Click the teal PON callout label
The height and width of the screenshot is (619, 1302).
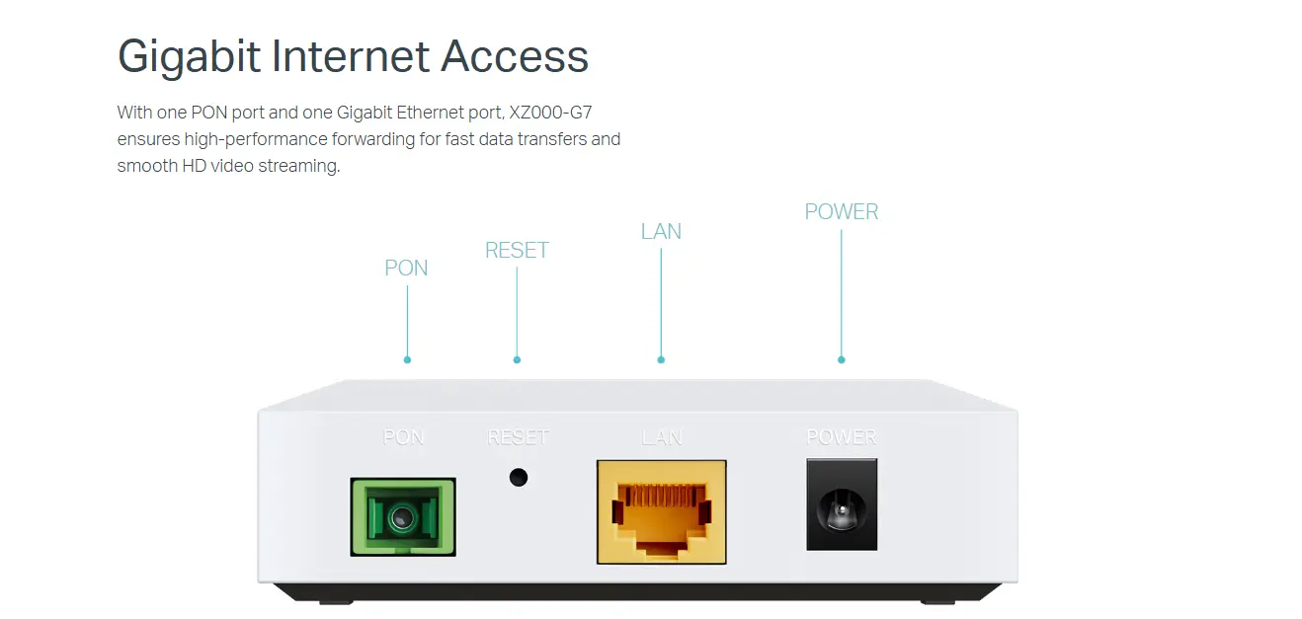(406, 269)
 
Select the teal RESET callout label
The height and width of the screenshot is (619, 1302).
(517, 251)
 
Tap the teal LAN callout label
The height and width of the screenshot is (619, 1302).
(661, 232)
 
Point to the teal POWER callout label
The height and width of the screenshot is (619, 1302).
(841, 212)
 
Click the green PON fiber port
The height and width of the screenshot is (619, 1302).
(403, 516)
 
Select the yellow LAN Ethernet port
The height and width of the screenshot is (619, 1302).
(661, 511)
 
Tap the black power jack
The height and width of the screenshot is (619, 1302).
(842, 504)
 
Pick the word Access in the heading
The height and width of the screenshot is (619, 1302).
(515, 56)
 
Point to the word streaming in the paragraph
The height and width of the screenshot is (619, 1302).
(298, 166)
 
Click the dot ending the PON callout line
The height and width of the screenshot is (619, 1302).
(407, 360)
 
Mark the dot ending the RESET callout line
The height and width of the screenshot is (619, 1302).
(517, 360)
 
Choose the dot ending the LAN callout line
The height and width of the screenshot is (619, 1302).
(661, 360)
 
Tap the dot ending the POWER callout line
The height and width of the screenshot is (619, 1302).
(841, 360)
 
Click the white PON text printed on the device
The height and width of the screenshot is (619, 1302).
(403, 437)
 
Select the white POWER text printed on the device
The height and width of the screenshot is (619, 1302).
(842, 437)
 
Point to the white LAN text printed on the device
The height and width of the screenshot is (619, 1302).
(662, 437)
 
